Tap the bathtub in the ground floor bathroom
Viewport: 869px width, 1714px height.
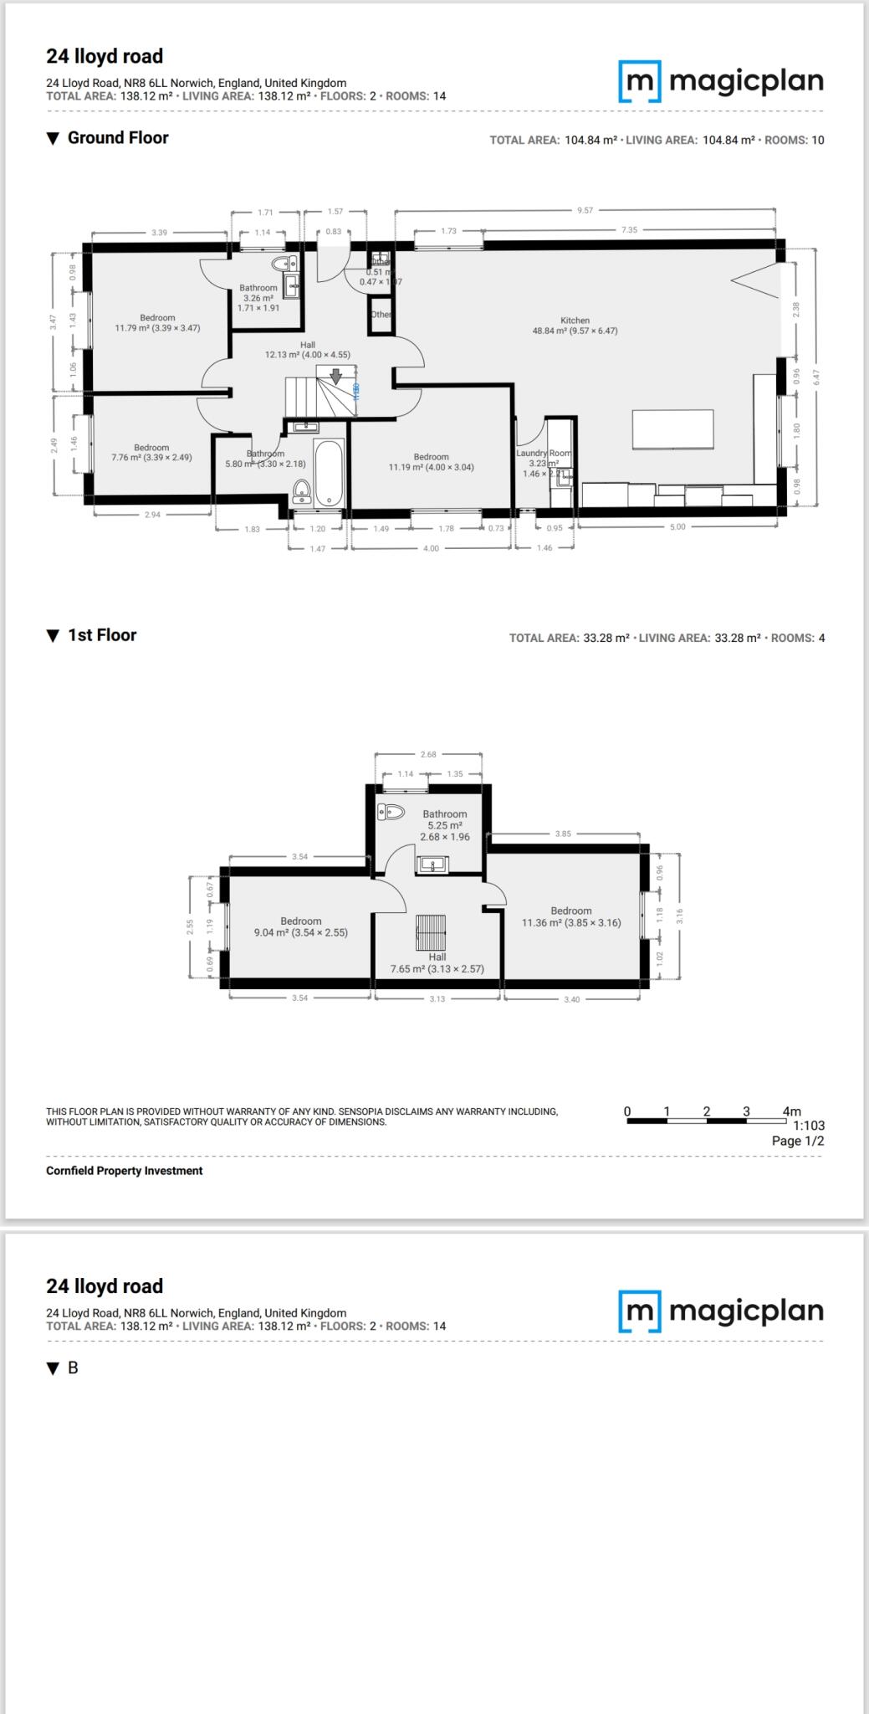329,473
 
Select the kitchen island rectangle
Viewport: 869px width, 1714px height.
672,429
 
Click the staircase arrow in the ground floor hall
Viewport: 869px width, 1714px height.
335,376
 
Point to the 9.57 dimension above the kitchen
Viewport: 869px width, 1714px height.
585,210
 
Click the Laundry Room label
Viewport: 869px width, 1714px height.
544,454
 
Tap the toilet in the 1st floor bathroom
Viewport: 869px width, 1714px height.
391,811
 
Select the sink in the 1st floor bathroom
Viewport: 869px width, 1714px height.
432,864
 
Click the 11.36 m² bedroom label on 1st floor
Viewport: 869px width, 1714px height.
571,916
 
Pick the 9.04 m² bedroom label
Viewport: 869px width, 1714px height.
300,926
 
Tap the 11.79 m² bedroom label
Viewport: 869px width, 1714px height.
157,323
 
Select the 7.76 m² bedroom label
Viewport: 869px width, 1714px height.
151,453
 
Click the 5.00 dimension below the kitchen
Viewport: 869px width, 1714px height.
677,526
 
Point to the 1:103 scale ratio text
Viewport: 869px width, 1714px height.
809,1126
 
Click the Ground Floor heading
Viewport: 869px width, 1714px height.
118,138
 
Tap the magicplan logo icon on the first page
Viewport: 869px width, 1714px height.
640,81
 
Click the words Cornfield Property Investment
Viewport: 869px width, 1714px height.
124,1171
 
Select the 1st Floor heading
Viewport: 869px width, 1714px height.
101,635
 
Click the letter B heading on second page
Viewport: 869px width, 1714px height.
73,1368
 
